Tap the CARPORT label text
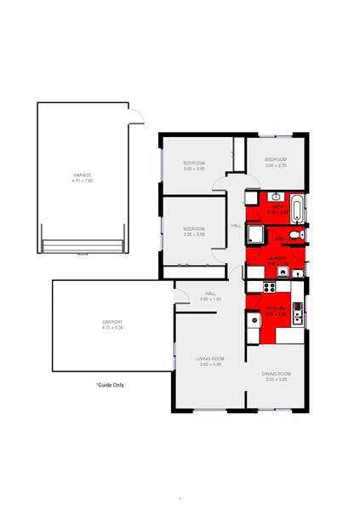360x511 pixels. point(112,322)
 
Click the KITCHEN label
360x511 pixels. point(276,307)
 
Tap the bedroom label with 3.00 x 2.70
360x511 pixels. point(276,160)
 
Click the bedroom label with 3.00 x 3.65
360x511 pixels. point(194,164)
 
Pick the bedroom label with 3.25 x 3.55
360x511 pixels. point(194,228)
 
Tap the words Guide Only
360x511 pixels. point(110,386)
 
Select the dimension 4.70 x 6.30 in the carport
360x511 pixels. point(112,328)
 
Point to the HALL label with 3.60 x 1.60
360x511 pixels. point(210,295)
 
